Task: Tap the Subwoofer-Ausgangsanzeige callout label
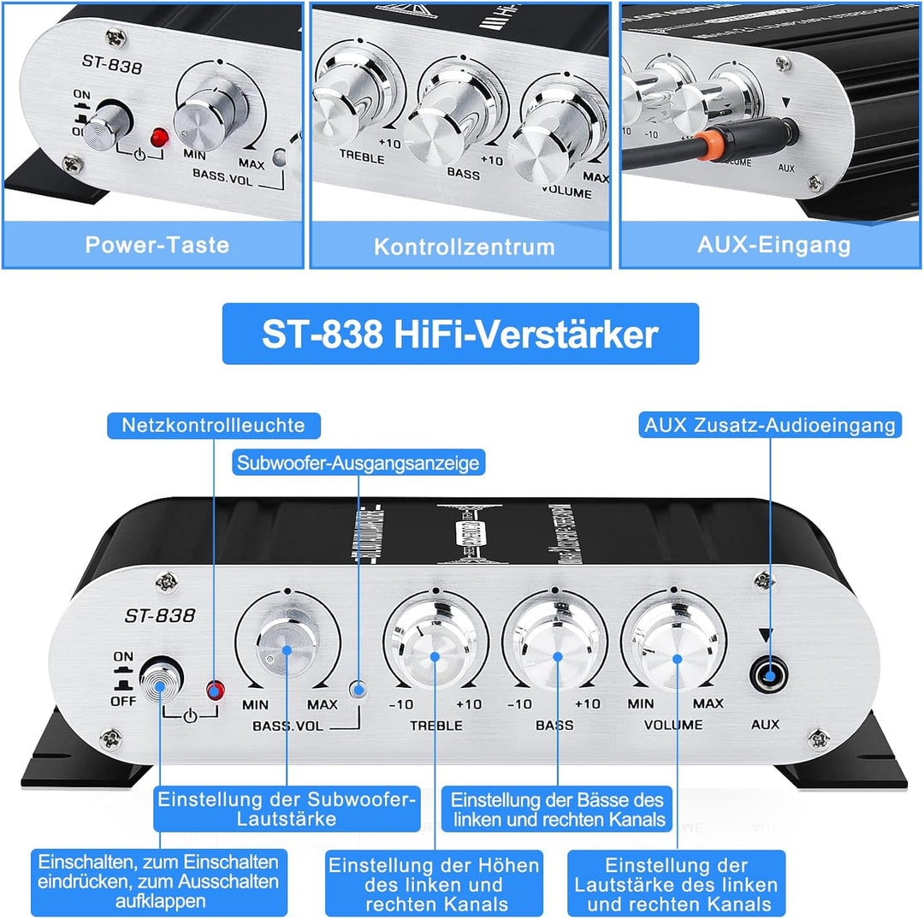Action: point(358,464)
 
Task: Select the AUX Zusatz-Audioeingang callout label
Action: point(769,425)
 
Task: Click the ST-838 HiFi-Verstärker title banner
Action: point(460,335)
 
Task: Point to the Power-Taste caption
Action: point(157,245)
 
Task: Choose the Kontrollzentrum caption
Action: point(464,247)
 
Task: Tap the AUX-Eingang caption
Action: point(773,245)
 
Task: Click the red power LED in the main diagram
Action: point(214,689)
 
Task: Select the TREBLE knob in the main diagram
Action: point(435,656)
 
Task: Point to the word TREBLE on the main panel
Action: point(436,725)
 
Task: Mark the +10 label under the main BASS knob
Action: point(587,704)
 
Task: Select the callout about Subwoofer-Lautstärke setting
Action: point(287,809)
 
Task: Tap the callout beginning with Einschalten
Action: point(158,880)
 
